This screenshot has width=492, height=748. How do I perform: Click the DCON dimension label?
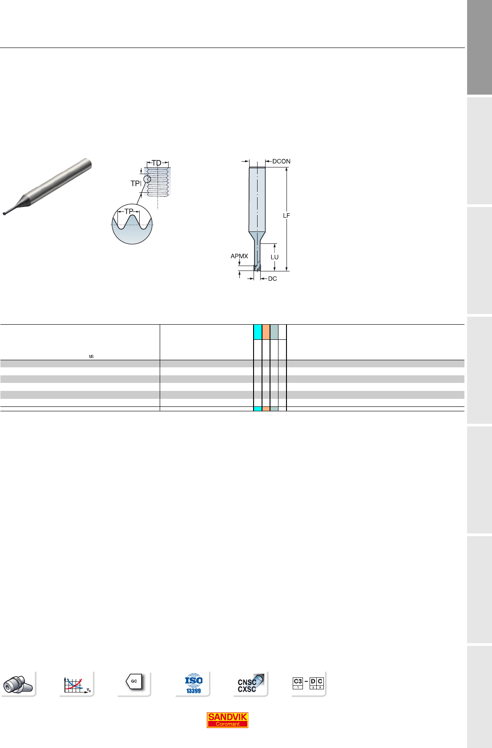pos(281,161)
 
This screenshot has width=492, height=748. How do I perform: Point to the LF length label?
pos(286,216)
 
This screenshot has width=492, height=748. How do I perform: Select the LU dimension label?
pos(274,257)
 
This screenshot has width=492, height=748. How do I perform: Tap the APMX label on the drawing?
pos(239,256)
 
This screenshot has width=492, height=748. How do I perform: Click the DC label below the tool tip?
pos(272,279)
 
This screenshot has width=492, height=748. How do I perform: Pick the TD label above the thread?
pos(157,163)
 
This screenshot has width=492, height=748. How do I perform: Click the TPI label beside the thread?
pos(136,183)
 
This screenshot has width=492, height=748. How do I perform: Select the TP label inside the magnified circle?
pos(129,211)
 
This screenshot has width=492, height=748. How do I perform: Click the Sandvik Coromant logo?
pos(227,720)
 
